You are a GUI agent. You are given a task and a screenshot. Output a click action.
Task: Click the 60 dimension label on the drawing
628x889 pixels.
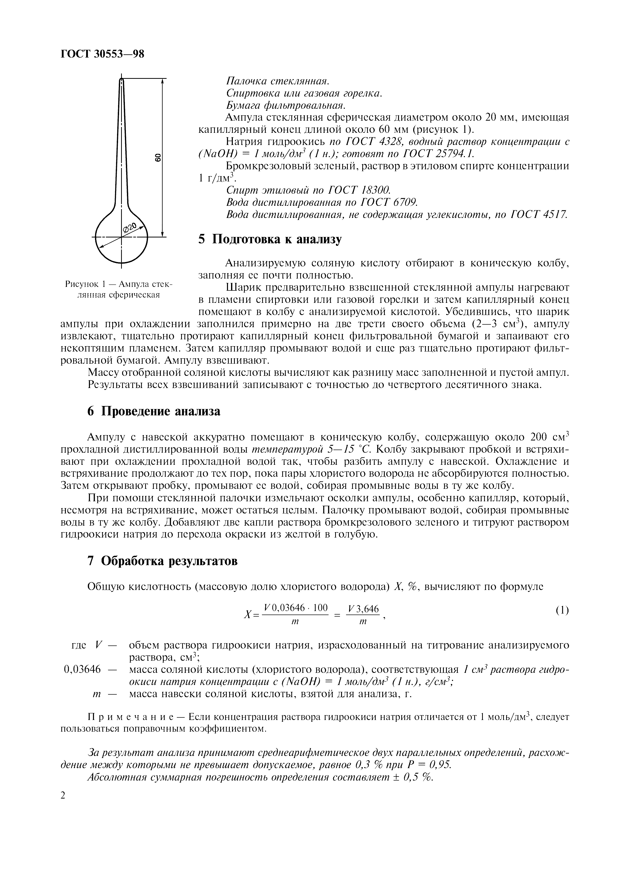(158, 157)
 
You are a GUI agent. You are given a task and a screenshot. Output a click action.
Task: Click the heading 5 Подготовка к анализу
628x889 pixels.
(270, 239)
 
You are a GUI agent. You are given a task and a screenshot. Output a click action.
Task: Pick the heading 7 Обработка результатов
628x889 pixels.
(163, 561)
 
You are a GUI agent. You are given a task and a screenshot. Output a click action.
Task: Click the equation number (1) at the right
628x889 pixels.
(562, 610)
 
